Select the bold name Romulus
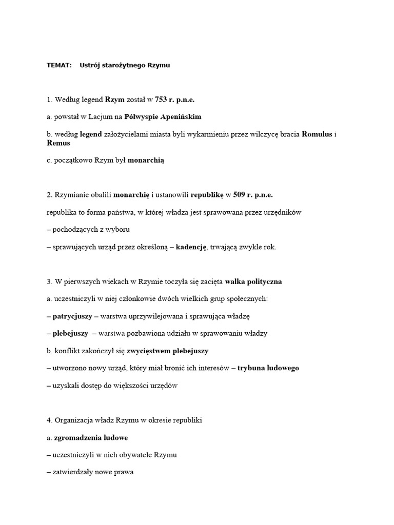318,134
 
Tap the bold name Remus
58,143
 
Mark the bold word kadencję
191,247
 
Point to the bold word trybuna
251,368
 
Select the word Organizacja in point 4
75,420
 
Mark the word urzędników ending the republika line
285,212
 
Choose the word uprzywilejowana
155,316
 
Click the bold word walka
235,281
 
